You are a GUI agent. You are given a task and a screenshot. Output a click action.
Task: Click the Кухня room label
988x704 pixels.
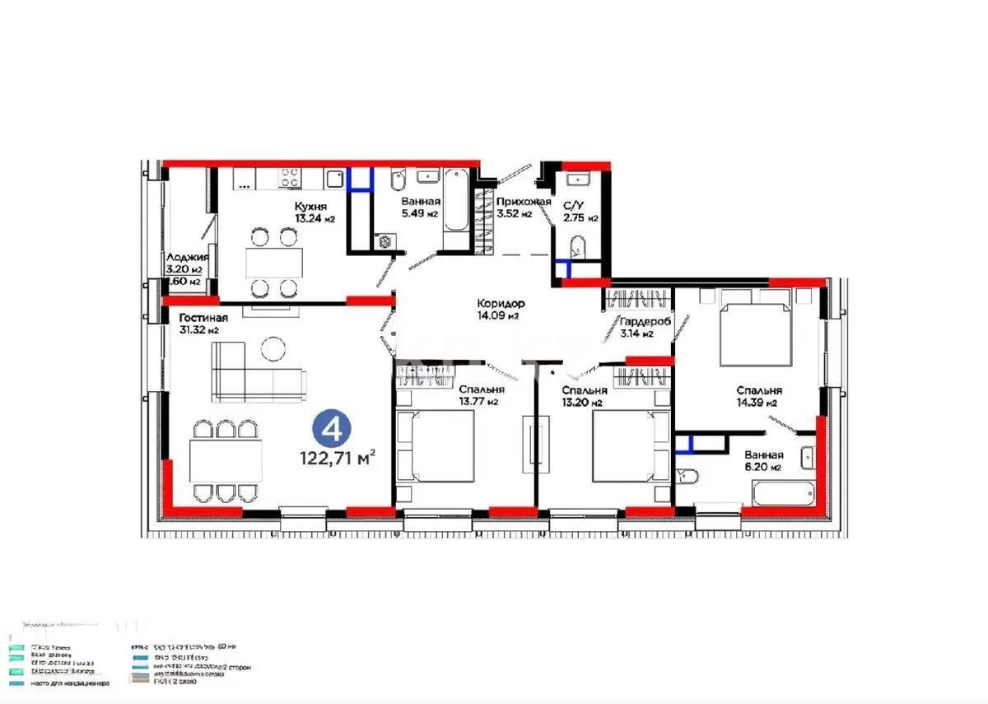tap(311, 207)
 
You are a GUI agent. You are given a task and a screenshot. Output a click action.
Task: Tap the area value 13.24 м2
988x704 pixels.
tap(315, 219)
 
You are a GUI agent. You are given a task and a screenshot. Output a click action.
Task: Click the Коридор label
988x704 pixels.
tap(501, 303)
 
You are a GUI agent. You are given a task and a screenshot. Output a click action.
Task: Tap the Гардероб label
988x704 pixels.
tap(647, 322)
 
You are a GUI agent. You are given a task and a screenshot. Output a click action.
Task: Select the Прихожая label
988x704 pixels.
tap(523, 202)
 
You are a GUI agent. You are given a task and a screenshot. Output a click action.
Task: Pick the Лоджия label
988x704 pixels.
tap(187, 257)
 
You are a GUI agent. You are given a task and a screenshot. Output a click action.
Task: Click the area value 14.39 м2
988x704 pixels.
tap(759, 403)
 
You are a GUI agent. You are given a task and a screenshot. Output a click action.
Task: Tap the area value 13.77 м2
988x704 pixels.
tap(479, 402)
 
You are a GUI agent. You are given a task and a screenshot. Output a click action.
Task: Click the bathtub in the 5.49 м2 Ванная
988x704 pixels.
tap(456, 207)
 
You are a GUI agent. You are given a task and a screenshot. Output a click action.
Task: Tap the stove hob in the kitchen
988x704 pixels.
tap(289, 179)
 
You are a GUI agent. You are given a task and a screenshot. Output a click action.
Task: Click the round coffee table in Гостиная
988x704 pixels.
tap(273, 349)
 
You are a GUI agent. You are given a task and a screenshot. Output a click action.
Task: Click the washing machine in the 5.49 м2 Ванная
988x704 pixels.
tap(384, 241)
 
